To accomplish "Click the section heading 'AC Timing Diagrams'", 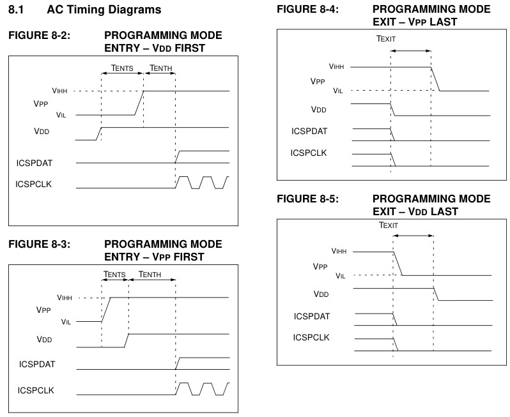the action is pos(104,10).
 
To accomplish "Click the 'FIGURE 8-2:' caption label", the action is pos(40,35).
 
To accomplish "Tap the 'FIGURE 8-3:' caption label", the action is pos(40,244).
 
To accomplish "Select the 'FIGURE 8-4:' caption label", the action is pos(307,9).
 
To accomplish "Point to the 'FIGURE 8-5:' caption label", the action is pos(307,199).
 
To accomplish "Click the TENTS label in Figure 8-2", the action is pos(122,68).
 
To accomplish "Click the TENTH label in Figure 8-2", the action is pos(160,68).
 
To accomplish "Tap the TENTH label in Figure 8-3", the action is pos(150,275).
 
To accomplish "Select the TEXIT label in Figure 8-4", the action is pos(386,39).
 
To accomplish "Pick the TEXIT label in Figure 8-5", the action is pos(389,225).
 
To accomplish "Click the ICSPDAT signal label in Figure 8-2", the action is pos(34,163).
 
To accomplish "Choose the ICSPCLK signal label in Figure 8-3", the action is pos(36,390).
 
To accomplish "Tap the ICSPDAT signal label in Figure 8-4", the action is pos(309,131).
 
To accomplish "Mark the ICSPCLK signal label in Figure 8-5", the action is pos(311,337).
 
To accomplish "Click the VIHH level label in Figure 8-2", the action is pos(60,91).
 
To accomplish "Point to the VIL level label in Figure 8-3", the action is pos(66,322).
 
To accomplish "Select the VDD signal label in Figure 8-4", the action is pos(319,110).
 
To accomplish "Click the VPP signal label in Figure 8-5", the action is pos(320,266).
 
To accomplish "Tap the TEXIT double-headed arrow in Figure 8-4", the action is pos(411,50).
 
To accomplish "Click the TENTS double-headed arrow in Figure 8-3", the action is pos(115,280).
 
